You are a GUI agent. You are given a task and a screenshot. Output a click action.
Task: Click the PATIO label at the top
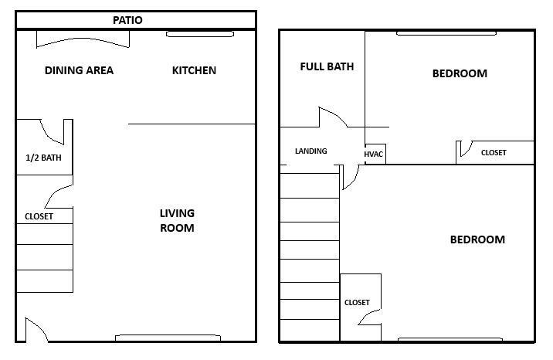pyautogui.click(x=127, y=20)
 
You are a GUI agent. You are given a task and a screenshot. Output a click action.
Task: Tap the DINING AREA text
pyautogui.click(x=79, y=70)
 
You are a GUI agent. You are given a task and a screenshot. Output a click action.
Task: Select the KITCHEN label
pyautogui.click(x=194, y=70)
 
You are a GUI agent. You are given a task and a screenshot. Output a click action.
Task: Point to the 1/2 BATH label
pyautogui.click(x=43, y=158)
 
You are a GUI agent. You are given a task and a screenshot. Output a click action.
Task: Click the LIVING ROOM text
pyautogui.click(x=177, y=220)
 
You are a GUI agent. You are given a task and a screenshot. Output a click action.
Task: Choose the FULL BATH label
pyautogui.click(x=327, y=66)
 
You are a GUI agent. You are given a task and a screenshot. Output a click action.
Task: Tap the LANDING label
pyautogui.click(x=310, y=151)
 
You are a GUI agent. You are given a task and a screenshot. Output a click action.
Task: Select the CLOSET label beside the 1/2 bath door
pyautogui.click(x=39, y=216)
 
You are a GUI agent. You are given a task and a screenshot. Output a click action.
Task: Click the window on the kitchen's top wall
pyautogui.click(x=200, y=34)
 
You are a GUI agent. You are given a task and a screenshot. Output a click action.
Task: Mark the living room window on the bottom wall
pyautogui.click(x=168, y=338)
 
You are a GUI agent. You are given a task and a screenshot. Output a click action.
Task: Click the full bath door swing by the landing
pyautogui.click(x=333, y=120)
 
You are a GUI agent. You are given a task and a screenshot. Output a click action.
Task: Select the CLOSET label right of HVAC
pyautogui.click(x=494, y=153)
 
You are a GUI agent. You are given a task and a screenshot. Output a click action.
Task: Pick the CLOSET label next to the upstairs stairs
pyautogui.click(x=357, y=302)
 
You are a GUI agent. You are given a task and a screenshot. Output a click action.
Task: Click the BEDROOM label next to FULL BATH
pyautogui.click(x=460, y=73)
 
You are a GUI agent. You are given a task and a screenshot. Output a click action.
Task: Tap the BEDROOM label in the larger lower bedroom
pyautogui.click(x=477, y=239)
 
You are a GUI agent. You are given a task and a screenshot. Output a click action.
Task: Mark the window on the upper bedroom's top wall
pyautogui.click(x=446, y=33)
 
